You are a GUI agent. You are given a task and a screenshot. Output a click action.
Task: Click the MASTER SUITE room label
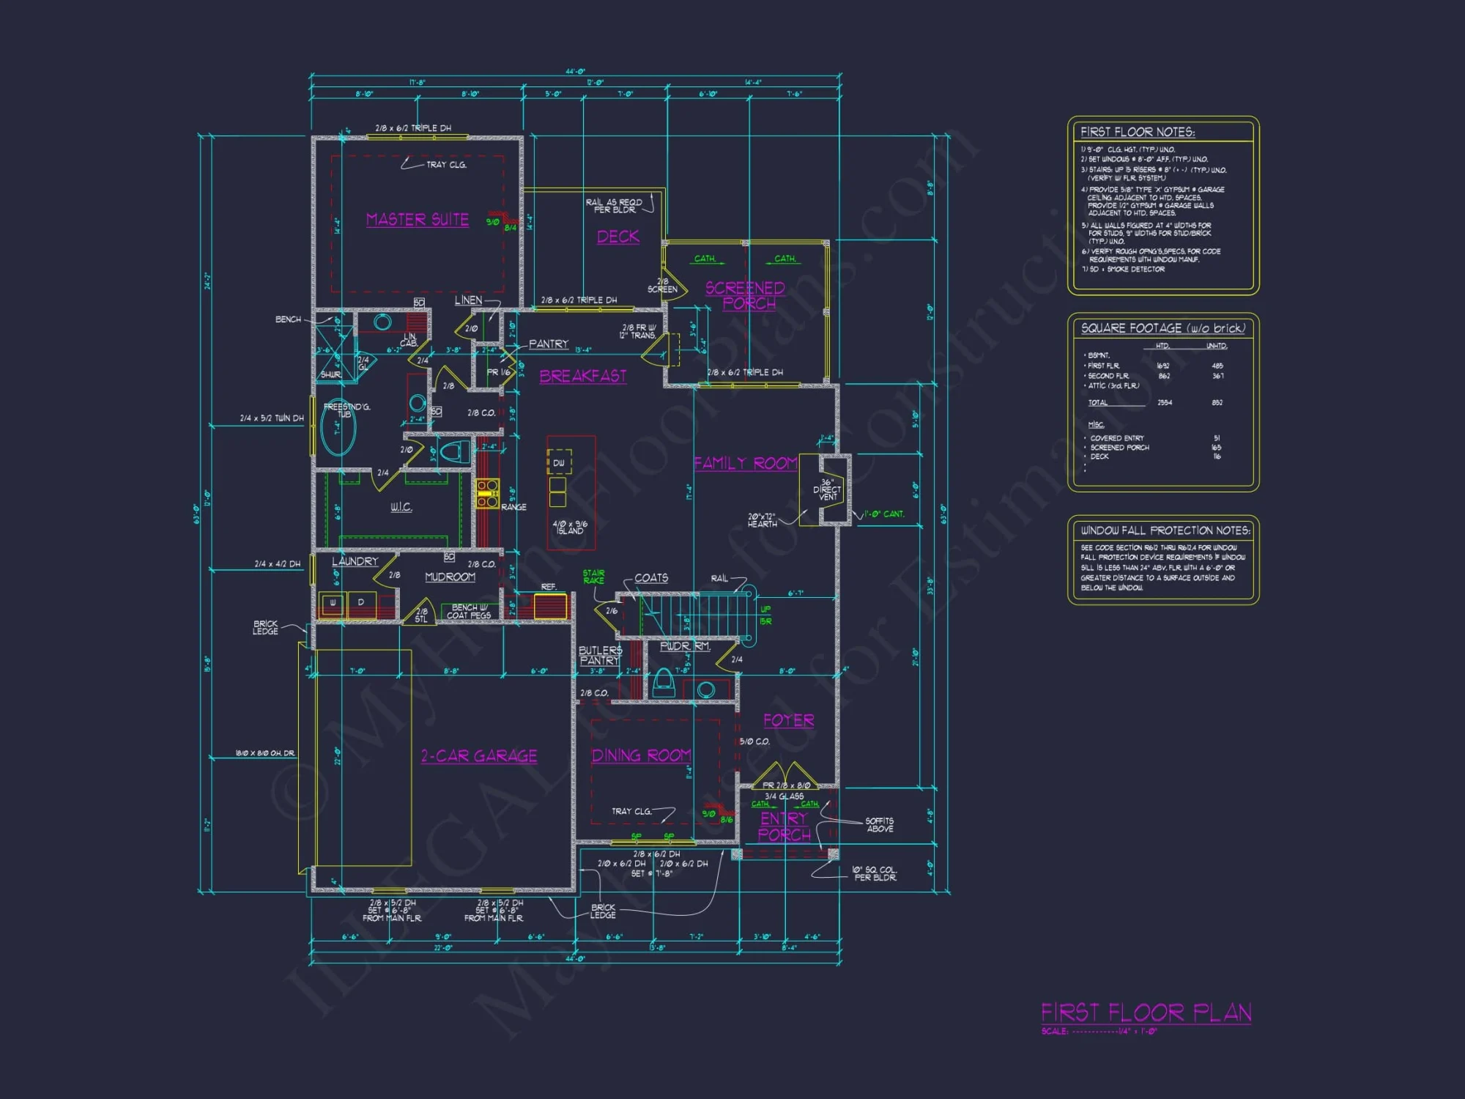pos(418,220)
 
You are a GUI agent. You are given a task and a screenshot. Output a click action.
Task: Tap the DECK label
pos(618,237)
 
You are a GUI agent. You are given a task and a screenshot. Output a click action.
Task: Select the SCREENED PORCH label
pos(746,295)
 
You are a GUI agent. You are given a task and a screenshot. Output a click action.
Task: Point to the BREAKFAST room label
pos(583,376)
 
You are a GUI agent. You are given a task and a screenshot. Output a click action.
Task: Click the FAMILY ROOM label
pos(745,463)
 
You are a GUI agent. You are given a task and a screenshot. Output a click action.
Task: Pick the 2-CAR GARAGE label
pos(479,756)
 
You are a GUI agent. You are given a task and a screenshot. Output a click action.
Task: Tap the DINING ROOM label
pos(641,755)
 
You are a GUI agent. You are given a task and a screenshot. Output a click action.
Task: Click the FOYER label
pos(788,720)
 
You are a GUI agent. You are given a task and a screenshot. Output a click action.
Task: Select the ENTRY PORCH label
pos(784,826)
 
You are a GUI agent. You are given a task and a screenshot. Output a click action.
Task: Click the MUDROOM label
pos(450,577)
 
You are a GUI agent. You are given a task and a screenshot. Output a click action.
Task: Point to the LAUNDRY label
pos(355,561)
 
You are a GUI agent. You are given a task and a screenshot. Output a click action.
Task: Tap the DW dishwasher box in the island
pos(559,462)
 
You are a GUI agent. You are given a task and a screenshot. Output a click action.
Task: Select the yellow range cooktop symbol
pos(487,493)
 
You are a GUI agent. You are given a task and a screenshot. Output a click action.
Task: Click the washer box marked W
pos(333,604)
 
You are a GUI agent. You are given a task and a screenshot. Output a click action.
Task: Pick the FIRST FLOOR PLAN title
pos(1146,1013)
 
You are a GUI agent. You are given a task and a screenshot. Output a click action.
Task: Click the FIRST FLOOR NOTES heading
pos(1137,132)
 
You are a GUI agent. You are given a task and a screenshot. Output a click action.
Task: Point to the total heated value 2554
pos(1164,402)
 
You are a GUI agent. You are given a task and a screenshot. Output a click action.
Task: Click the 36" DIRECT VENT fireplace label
pos(828,489)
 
